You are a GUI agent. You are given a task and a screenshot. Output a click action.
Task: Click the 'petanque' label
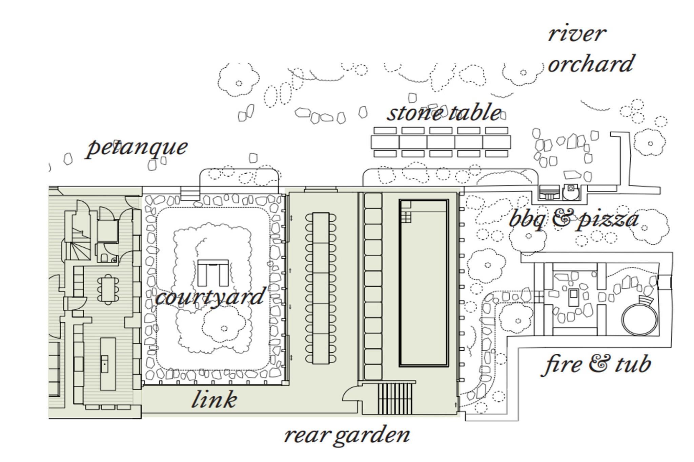pos(137,148)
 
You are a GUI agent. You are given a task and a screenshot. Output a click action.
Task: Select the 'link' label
pos(214,399)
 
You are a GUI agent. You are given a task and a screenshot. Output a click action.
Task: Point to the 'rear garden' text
pos(347,435)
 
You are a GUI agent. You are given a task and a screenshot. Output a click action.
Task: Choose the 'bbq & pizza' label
pos(574,219)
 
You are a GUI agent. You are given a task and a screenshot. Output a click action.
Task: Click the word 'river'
pos(576,34)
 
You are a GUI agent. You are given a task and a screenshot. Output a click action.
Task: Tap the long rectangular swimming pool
pos(424,283)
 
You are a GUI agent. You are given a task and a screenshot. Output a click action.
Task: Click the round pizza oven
pos(571,192)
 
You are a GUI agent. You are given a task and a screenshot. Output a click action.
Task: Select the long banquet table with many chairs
pos(321,288)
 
